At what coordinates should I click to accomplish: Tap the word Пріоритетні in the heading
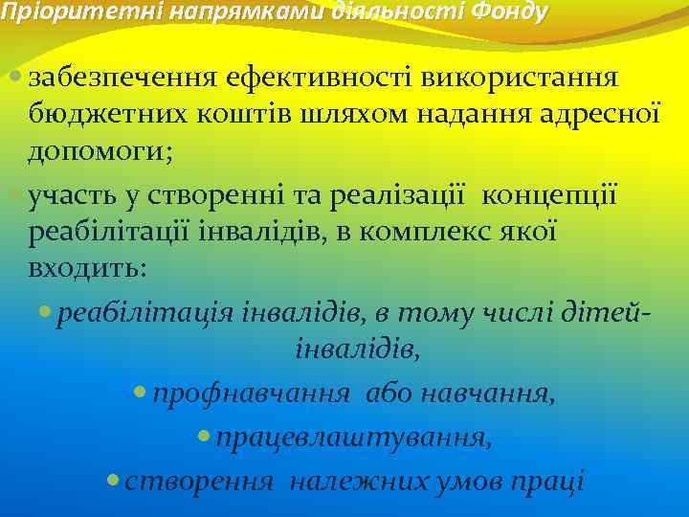tap(55, 12)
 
